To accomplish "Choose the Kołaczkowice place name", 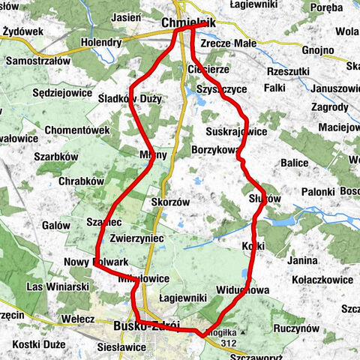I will pyautogui.click(x=323, y=280).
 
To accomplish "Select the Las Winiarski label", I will pyautogui.click(x=58, y=286).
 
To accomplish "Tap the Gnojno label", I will pyautogui.click(x=319, y=51).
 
